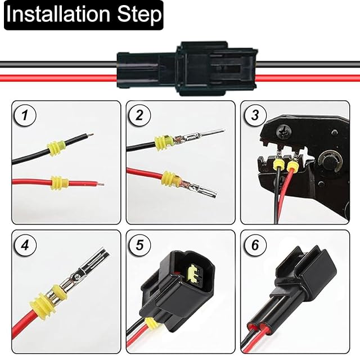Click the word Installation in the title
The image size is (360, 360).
(x=56, y=15)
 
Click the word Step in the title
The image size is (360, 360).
(x=135, y=15)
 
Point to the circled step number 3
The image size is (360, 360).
(x=255, y=116)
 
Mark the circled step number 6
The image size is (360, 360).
(x=255, y=245)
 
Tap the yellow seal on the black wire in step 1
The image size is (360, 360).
(x=56, y=148)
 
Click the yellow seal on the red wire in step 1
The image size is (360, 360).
(x=59, y=183)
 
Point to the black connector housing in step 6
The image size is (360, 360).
(x=301, y=276)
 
